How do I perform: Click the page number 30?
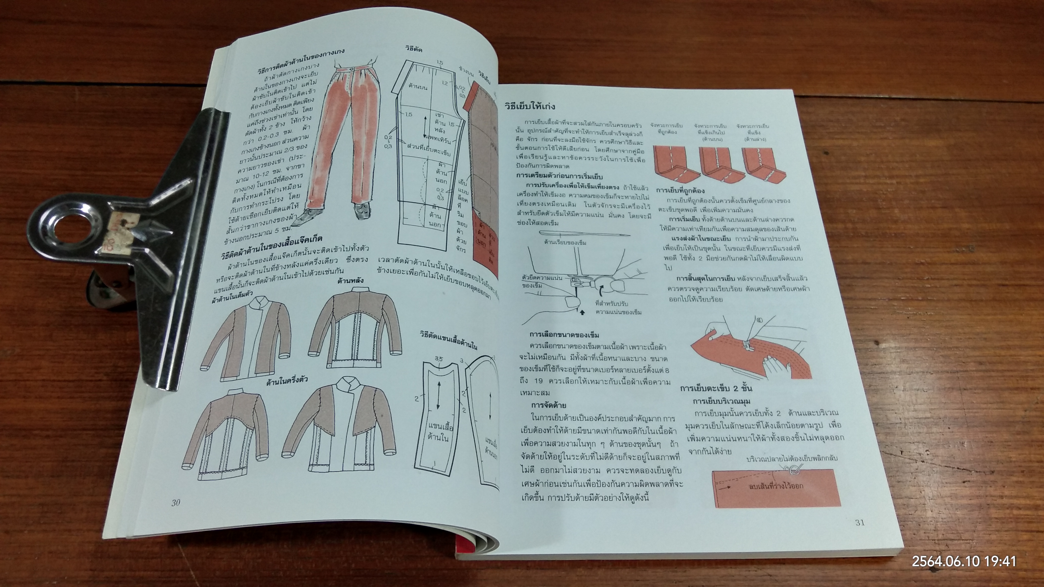coord(175,503)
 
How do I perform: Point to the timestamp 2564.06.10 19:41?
coord(964,561)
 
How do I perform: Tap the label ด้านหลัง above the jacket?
coord(350,280)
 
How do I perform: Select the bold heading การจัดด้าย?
coord(549,405)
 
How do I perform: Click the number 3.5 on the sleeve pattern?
coord(438,358)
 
